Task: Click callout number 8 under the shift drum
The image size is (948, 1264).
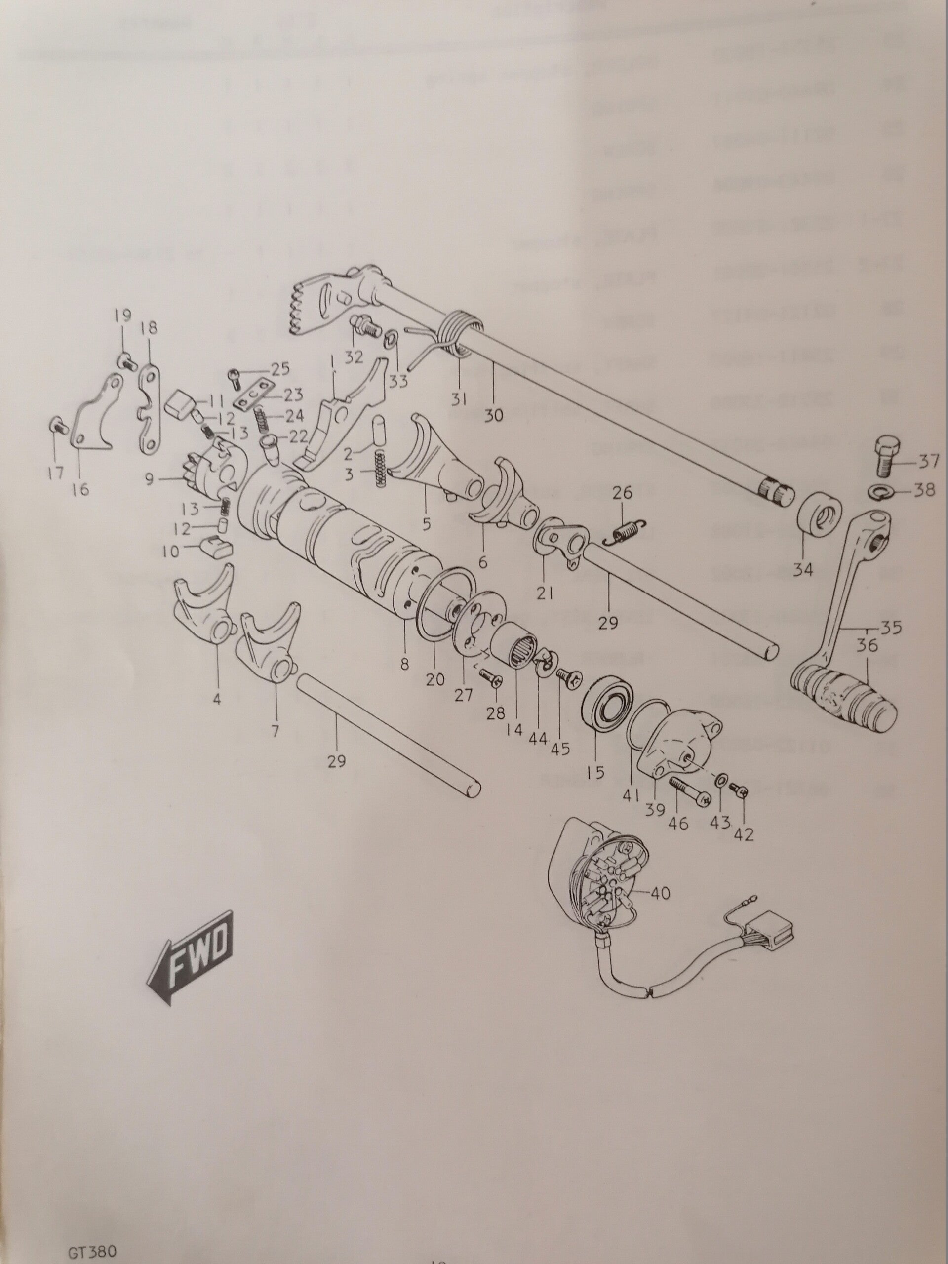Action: coord(404,665)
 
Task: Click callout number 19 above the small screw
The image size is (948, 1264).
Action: coord(122,315)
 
